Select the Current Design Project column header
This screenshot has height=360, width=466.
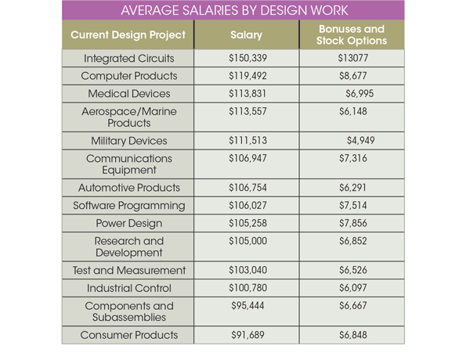(x=128, y=36)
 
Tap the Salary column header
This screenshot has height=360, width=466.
(x=247, y=36)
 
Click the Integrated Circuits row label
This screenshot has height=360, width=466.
(x=128, y=59)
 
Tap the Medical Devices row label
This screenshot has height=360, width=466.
(x=128, y=93)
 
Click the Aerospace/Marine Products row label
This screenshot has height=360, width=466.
(x=128, y=117)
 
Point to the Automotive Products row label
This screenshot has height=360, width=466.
(x=128, y=188)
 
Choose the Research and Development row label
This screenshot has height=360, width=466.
(x=128, y=247)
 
